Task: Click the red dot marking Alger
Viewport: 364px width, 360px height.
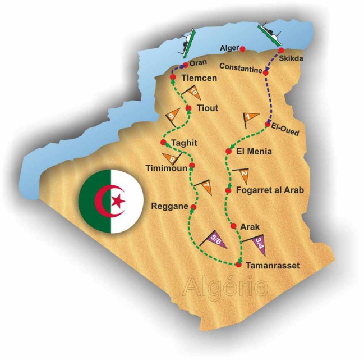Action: [242, 49]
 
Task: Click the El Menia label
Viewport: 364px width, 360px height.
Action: [255, 151]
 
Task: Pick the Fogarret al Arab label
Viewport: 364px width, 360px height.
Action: [271, 191]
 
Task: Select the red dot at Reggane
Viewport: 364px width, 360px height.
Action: [193, 207]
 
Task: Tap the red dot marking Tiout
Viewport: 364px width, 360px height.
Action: [188, 108]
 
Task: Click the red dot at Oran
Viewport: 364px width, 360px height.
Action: [185, 65]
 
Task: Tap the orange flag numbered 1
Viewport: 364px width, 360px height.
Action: [249, 119]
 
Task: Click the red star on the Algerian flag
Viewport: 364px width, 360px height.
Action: [117, 201]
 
